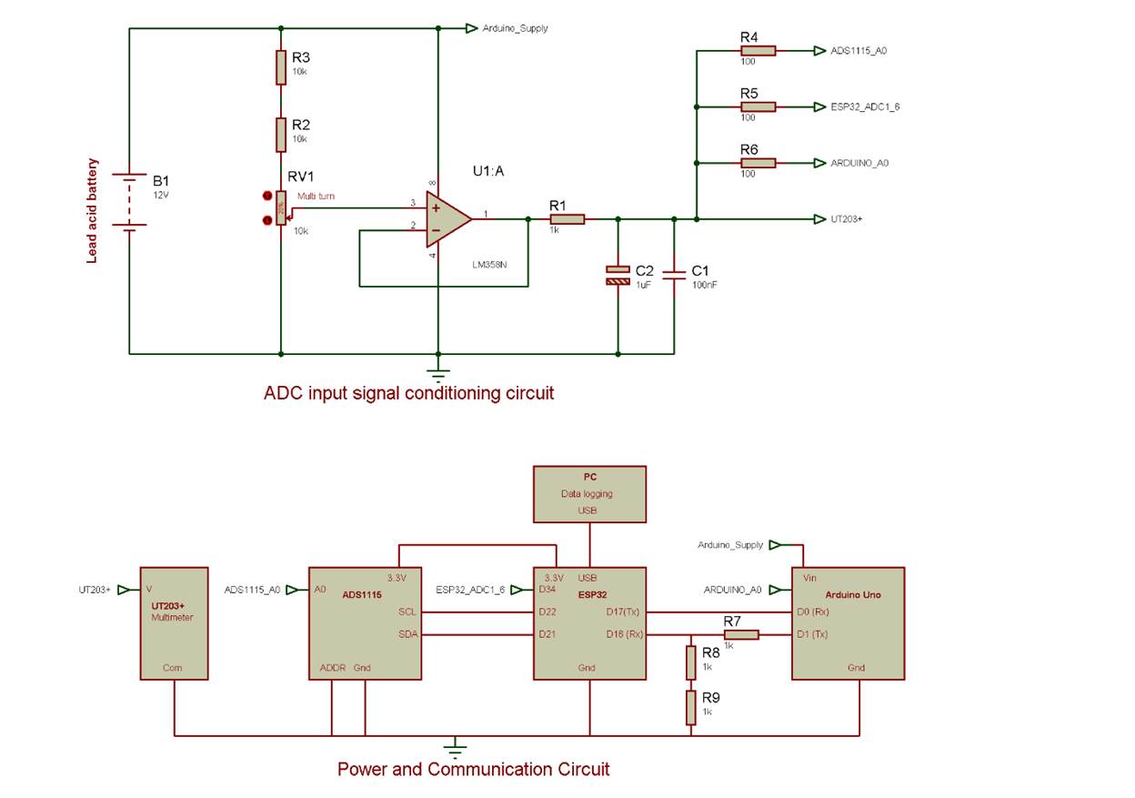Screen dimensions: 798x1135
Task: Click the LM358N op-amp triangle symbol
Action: tap(446, 219)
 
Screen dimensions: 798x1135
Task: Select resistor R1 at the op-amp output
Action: tap(567, 218)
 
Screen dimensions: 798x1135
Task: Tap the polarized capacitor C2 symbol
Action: tap(618, 275)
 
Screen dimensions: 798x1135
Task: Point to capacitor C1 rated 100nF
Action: tap(674, 275)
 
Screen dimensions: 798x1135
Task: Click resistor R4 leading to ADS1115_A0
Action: tap(758, 51)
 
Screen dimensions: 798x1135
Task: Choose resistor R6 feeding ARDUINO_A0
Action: tap(758, 163)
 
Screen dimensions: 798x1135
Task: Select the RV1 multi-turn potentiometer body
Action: tap(281, 208)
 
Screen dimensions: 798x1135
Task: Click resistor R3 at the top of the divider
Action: tap(281, 67)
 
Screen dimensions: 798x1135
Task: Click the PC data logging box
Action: tap(589, 494)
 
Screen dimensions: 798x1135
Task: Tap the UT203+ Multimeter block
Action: tap(174, 623)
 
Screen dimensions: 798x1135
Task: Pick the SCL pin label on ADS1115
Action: tap(407, 611)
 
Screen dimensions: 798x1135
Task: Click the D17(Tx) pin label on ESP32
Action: tap(624, 611)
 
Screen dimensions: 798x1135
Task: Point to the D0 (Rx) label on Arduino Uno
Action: tap(815, 611)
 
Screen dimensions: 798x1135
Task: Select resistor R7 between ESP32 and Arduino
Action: tap(740, 634)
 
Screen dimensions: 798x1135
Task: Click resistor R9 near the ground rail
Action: tap(691, 707)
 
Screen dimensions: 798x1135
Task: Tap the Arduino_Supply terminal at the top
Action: tap(471, 28)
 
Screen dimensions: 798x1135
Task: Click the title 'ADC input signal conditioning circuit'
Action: tap(408, 393)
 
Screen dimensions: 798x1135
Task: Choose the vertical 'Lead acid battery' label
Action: tap(92, 211)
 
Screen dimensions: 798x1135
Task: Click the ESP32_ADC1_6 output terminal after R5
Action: tap(820, 106)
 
